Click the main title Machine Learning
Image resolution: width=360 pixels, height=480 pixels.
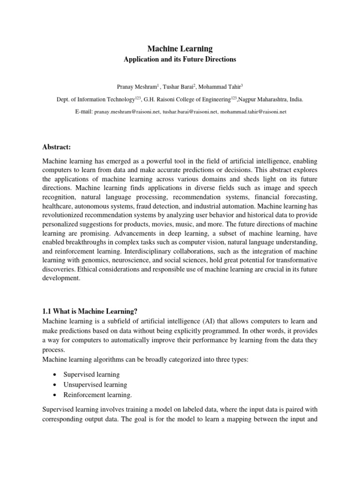click(x=180, y=49)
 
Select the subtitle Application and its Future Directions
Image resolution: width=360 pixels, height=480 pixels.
click(x=180, y=60)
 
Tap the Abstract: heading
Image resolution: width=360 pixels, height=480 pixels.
click(x=56, y=147)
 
